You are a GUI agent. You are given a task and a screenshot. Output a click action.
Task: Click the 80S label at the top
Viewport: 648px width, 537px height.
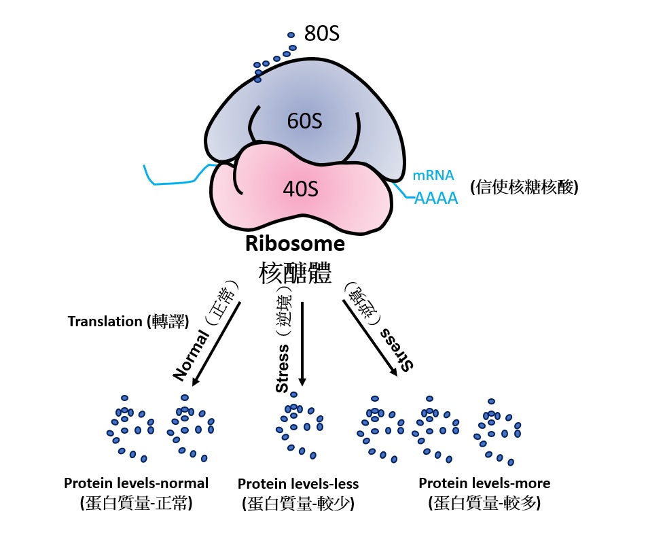pos(321,34)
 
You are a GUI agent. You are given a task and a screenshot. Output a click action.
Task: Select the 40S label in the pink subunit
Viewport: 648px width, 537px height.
pos(300,189)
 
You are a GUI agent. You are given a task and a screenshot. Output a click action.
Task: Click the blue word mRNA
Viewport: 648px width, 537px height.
pos(433,176)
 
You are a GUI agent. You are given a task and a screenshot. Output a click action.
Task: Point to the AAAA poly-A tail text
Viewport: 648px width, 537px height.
pos(435,199)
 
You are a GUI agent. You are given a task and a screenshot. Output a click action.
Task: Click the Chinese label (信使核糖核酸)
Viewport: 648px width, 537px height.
pos(524,188)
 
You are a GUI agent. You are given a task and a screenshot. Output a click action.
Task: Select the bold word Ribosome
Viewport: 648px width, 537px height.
pos(295,243)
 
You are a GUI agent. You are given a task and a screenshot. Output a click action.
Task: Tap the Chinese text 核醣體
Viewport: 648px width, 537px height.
pos(295,273)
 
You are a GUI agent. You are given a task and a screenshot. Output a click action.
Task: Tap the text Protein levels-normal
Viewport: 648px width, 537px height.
pos(136,483)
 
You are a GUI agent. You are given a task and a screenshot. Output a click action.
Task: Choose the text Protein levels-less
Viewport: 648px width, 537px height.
pos(298,484)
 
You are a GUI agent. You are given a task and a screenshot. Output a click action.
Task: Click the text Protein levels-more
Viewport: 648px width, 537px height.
pos(484,483)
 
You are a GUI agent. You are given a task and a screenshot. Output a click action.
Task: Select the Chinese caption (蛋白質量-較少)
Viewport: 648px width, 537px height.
pos(298,504)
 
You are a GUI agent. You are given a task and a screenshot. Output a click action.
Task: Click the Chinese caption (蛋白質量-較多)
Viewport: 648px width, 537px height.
pos(484,503)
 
